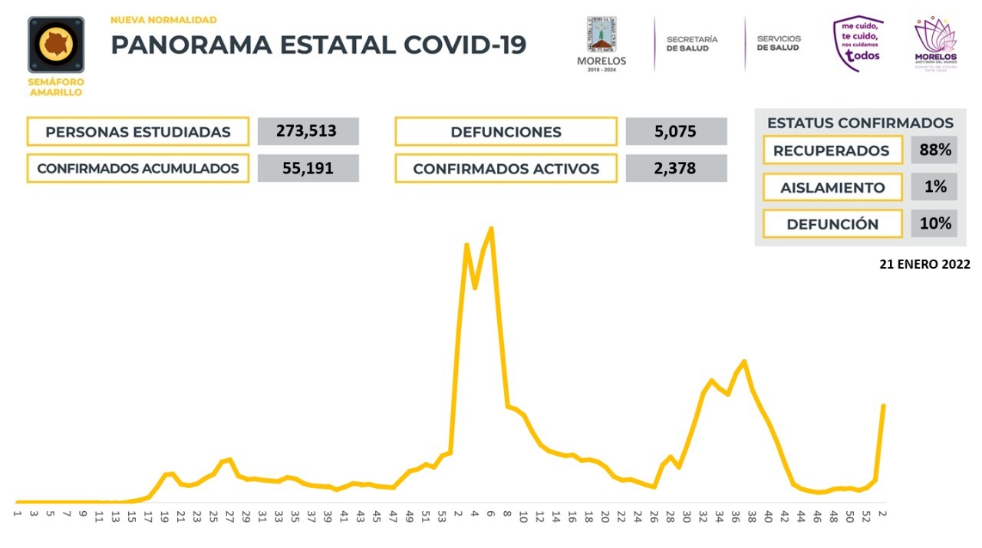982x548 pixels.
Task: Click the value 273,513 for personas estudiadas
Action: pyautogui.click(x=308, y=131)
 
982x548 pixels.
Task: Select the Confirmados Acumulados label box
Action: pyautogui.click(x=138, y=168)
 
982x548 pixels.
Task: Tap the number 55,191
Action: pyautogui.click(x=308, y=168)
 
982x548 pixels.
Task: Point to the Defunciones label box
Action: pyautogui.click(x=506, y=131)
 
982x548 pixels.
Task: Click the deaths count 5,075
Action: pyautogui.click(x=676, y=131)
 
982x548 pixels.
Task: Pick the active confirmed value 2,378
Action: pyautogui.click(x=676, y=168)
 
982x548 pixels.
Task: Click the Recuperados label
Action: pyautogui.click(x=831, y=150)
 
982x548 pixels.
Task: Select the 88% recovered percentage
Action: pyautogui.click(x=934, y=150)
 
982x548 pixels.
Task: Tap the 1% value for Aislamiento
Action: pyautogui.click(x=934, y=187)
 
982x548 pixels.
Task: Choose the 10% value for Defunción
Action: pyautogui.click(x=934, y=223)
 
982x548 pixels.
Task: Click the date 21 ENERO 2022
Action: pyautogui.click(x=924, y=264)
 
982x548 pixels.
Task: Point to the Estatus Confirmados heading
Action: pyautogui.click(x=860, y=123)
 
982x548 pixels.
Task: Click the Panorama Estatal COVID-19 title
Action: pyautogui.click(x=318, y=45)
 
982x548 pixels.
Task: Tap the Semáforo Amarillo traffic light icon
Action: pyautogui.click(x=56, y=45)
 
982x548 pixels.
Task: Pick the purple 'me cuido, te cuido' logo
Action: pyautogui.click(x=858, y=44)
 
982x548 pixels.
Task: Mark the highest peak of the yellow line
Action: pyautogui.click(x=491, y=228)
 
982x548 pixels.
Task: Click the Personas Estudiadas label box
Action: pyautogui.click(x=138, y=131)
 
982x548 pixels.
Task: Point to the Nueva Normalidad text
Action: pyautogui.click(x=163, y=20)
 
